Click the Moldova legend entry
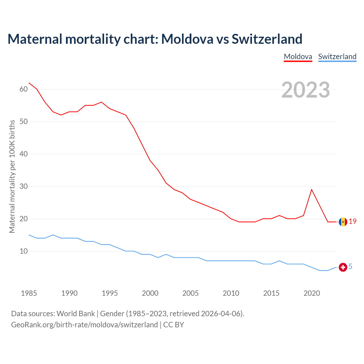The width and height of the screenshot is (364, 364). (x=298, y=57)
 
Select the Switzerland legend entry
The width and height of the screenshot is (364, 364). (x=337, y=57)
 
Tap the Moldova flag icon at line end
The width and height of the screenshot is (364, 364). (x=343, y=222)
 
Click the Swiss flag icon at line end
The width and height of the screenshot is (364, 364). (x=343, y=267)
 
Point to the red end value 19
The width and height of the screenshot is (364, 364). (x=353, y=221)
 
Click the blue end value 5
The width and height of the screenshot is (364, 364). (x=350, y=266)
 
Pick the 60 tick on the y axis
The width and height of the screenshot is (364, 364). (x=24, y=89)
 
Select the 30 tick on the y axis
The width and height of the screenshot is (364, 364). (x=24, y=187)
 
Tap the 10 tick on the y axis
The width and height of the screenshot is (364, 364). (x=24, y=251)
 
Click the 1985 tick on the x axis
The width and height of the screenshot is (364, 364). (x=29, y=293)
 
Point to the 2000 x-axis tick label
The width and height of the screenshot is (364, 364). (x=150, y=293)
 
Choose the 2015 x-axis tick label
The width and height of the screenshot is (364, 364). (x=271, y=293)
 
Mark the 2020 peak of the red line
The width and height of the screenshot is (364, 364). (x=312, y=189)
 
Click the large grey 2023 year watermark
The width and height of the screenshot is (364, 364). (x=306, y=90)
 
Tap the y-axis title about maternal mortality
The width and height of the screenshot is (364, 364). (x=12, y=176)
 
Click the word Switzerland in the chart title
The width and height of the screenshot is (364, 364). (x=267, y=39)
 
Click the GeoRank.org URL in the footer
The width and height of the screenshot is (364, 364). (x=84, y=324)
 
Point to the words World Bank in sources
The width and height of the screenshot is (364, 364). (x=76, y=314)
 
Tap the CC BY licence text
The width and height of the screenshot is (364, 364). (x=173, y=324)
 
